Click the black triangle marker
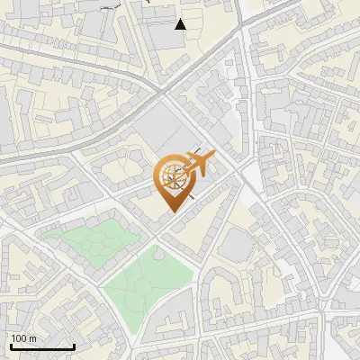[x=181, y=24]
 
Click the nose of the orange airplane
[x=214, y=156]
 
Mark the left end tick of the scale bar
[x=11, y=345]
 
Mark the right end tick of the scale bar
[x=74, y=345]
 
